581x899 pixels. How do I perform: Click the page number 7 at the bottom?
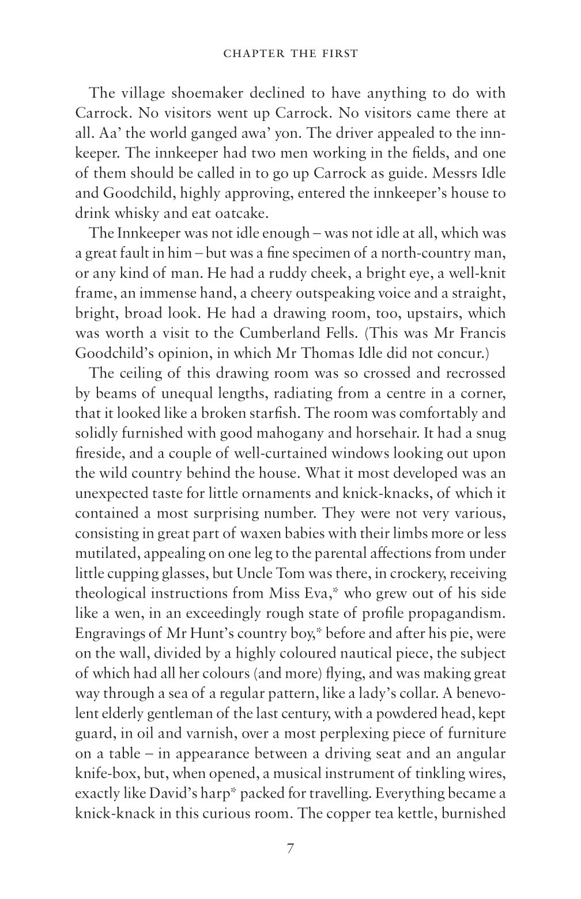(290, 849)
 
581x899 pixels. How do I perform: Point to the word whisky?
(139, 213)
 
